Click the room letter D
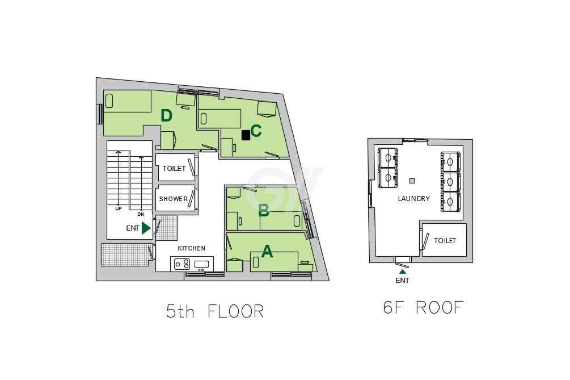click(166, 116)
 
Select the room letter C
click(256, 131)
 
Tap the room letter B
click(264, 210)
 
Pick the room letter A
click(267, 251)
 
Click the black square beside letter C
click(246, 135)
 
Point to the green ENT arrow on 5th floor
click(146, 228)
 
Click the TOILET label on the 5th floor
click(174, 169)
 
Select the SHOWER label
click(174, 199)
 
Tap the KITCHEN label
click(192, 248)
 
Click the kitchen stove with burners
click(181, 264)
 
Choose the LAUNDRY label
click(413, 199)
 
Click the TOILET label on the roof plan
click(445, 241)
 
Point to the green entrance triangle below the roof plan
click(403, 271)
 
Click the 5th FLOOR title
click(215, 312)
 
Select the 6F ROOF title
click(424, 307)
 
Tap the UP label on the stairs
click(118, 208)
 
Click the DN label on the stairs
click(140, 214)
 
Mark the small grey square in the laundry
click(412, 181)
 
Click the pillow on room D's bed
click(109, 101)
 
